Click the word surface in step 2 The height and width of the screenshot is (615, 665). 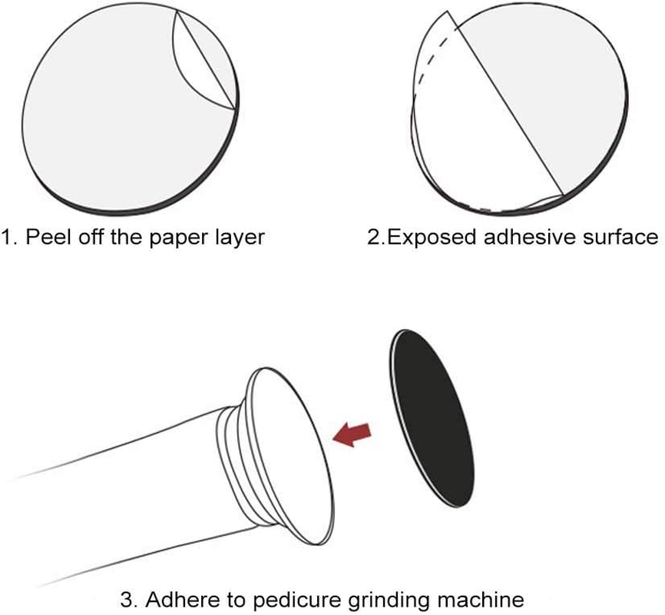(624, 237)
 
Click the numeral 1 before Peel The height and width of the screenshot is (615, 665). (7, 237)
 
